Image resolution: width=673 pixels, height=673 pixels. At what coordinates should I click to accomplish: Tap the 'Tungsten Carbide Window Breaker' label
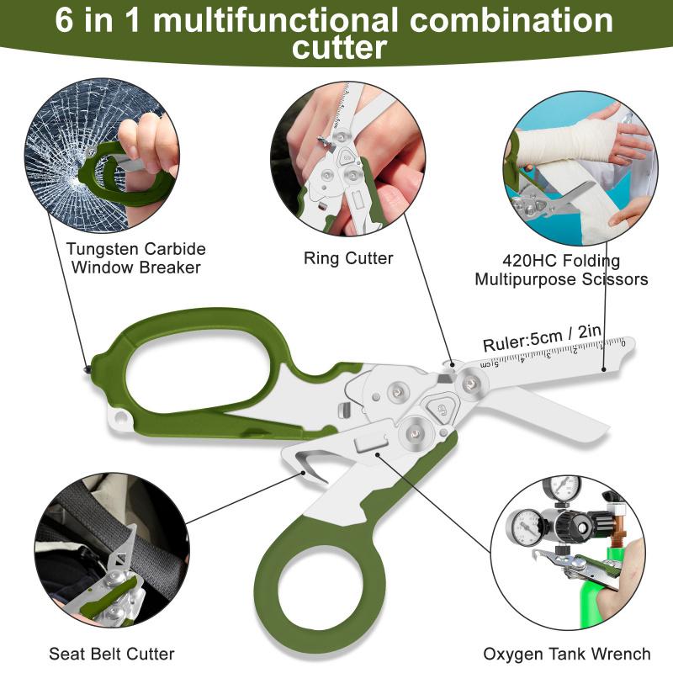(135, 258)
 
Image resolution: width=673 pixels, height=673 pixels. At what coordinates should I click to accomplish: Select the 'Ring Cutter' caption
(348, 258)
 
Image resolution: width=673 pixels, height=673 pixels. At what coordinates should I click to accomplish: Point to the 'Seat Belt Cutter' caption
(111, 654)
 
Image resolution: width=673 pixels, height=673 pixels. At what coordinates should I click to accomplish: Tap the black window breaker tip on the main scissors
(87, 367)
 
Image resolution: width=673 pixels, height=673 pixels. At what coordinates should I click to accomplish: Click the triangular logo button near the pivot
(441, 407)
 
